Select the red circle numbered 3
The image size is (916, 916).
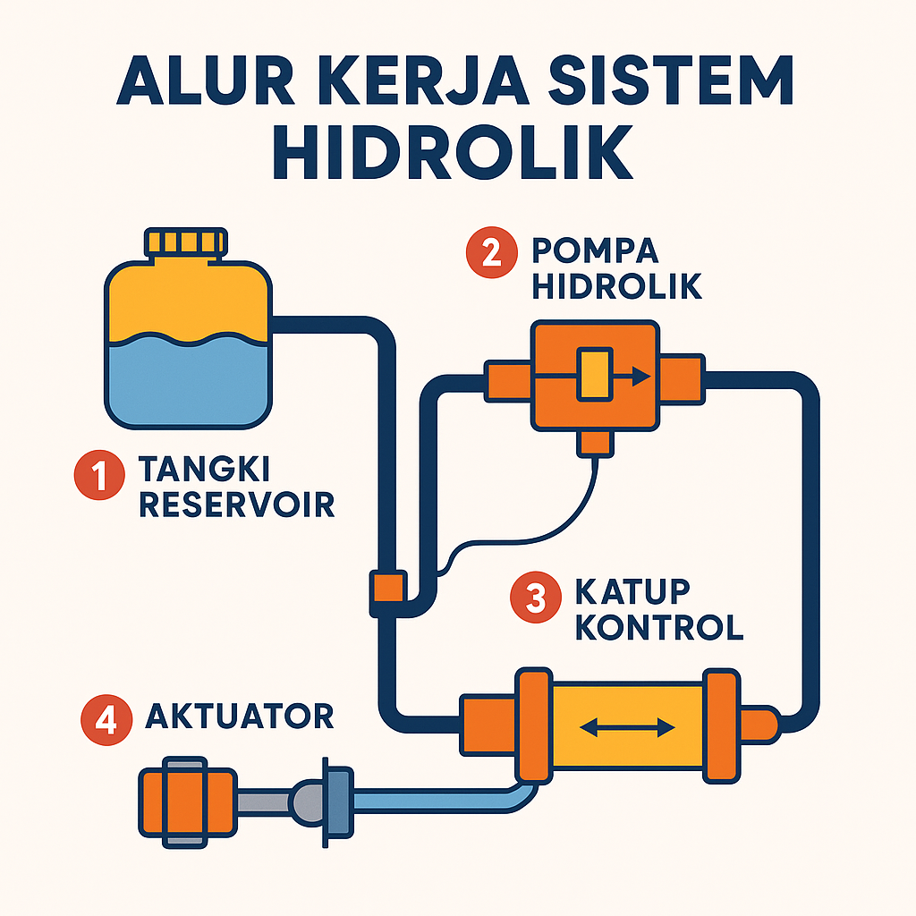click(x=535, y=598)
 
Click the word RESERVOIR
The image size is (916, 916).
click(x=237, y=505)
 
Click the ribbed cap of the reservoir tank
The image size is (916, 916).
click(x=183, y=242)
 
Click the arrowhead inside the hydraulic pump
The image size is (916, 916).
click(x=640, y=376)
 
